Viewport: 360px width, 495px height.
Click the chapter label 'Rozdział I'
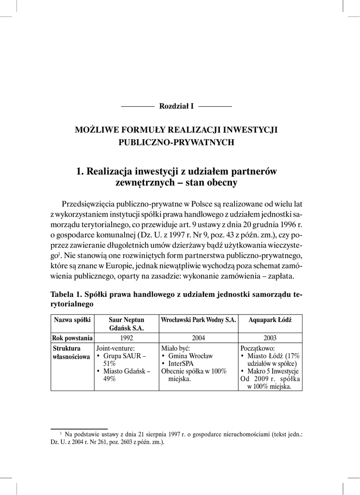(x=176, y=106)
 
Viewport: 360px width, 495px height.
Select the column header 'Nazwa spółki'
(x=72, y=320)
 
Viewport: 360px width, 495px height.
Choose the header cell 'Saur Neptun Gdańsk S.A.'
(x=127, y=323)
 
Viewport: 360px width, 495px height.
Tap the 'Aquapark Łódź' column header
(x=270, y=320)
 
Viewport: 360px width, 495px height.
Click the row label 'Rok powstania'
(x=72, y=337)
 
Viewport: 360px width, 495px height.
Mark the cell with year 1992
(x=127, y=337)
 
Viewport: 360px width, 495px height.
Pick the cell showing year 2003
(x=270, y=337)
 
